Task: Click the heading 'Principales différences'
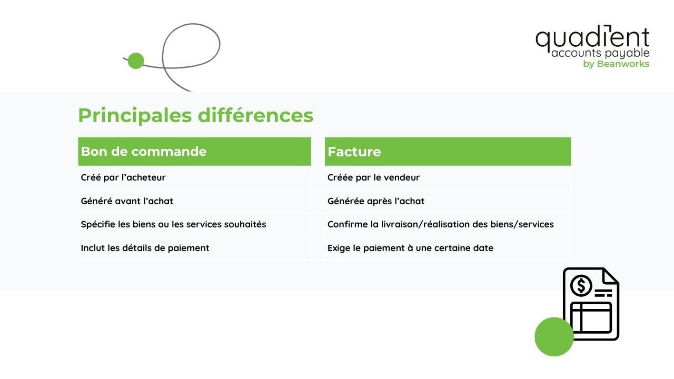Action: [195, 115]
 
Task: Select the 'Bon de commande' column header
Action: [143, 152]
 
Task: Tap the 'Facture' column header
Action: [354, 152]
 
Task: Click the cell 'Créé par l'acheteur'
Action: [123, 177]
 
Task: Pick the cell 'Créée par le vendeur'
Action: [373, 177]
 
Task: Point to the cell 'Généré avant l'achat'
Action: [127, 201]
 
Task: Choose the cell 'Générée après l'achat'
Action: [375, 201]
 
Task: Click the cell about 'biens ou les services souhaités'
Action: [173, 224]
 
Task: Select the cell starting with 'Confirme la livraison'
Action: [440, 224]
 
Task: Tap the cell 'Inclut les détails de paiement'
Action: [145, 248]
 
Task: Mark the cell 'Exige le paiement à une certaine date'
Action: [410, 248]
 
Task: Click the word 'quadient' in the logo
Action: [592, 38]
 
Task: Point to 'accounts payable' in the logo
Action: [600, 54]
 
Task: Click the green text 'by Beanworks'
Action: [616, 64]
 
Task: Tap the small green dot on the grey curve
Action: [136, 61]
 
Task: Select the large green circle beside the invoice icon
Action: [554, 337]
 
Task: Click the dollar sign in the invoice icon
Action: [581, 286]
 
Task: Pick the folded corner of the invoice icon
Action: [611, 276]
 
